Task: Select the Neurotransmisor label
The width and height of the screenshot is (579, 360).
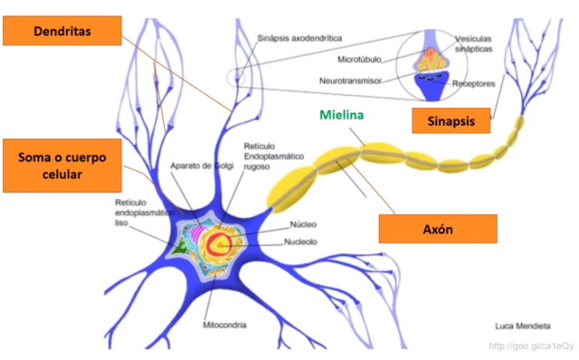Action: [x=359, y=80]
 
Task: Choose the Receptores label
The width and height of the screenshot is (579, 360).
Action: [x=473, y=83]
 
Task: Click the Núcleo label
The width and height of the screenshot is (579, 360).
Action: [x=303, y=225]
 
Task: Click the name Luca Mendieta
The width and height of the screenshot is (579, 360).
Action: [x=522, y=325]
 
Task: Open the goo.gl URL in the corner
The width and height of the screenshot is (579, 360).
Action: [x=531, y=346]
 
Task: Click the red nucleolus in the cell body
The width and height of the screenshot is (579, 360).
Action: [x=220, y=242]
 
